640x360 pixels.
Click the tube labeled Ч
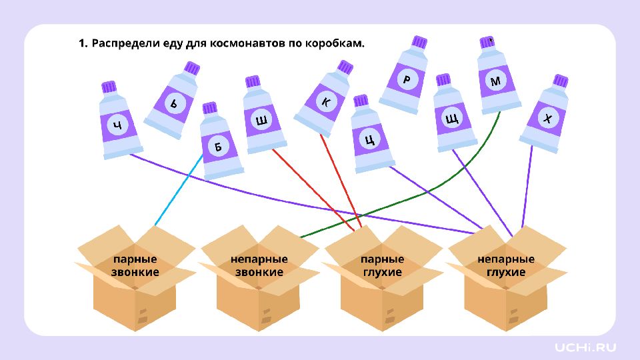(118, 125)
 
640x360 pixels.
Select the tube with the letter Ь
(174, 104)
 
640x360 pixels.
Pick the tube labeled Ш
(261, 121)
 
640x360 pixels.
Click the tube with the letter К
(325, 102)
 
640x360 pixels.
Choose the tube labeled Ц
(370, 139)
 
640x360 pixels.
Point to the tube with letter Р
(406, 79)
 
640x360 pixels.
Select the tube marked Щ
(451, 119)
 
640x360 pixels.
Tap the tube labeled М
(495, 81)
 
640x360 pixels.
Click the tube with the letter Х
(547, 119)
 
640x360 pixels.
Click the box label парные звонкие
(135, 265)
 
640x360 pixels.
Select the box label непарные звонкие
(259, 265)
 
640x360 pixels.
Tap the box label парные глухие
(382, 265)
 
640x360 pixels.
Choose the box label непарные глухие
(506, 265)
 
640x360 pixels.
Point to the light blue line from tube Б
(177, 190)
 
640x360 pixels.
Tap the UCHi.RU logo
(585, 347)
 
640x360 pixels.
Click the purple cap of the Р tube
(419, 42)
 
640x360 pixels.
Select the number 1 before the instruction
(81, 43)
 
